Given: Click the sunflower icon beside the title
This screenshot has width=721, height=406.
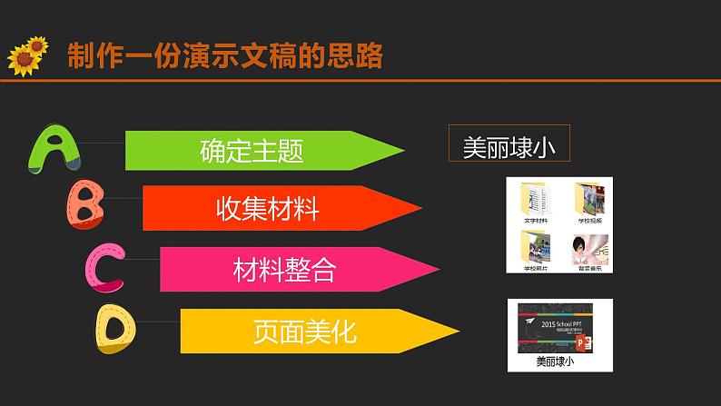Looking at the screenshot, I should tap(27, 55).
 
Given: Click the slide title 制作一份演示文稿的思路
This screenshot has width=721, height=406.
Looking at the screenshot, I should tap(225, 55).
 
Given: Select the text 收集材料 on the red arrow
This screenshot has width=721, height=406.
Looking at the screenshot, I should tap(268, 210).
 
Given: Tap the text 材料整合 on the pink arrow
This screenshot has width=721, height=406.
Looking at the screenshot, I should tap(284, 269).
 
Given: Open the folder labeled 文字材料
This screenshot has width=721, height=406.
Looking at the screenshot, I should tap(531, 198).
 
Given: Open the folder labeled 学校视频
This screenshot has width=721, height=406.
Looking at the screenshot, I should tap(588, 198).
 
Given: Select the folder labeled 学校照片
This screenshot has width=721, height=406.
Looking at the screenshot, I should tap(531, 246).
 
